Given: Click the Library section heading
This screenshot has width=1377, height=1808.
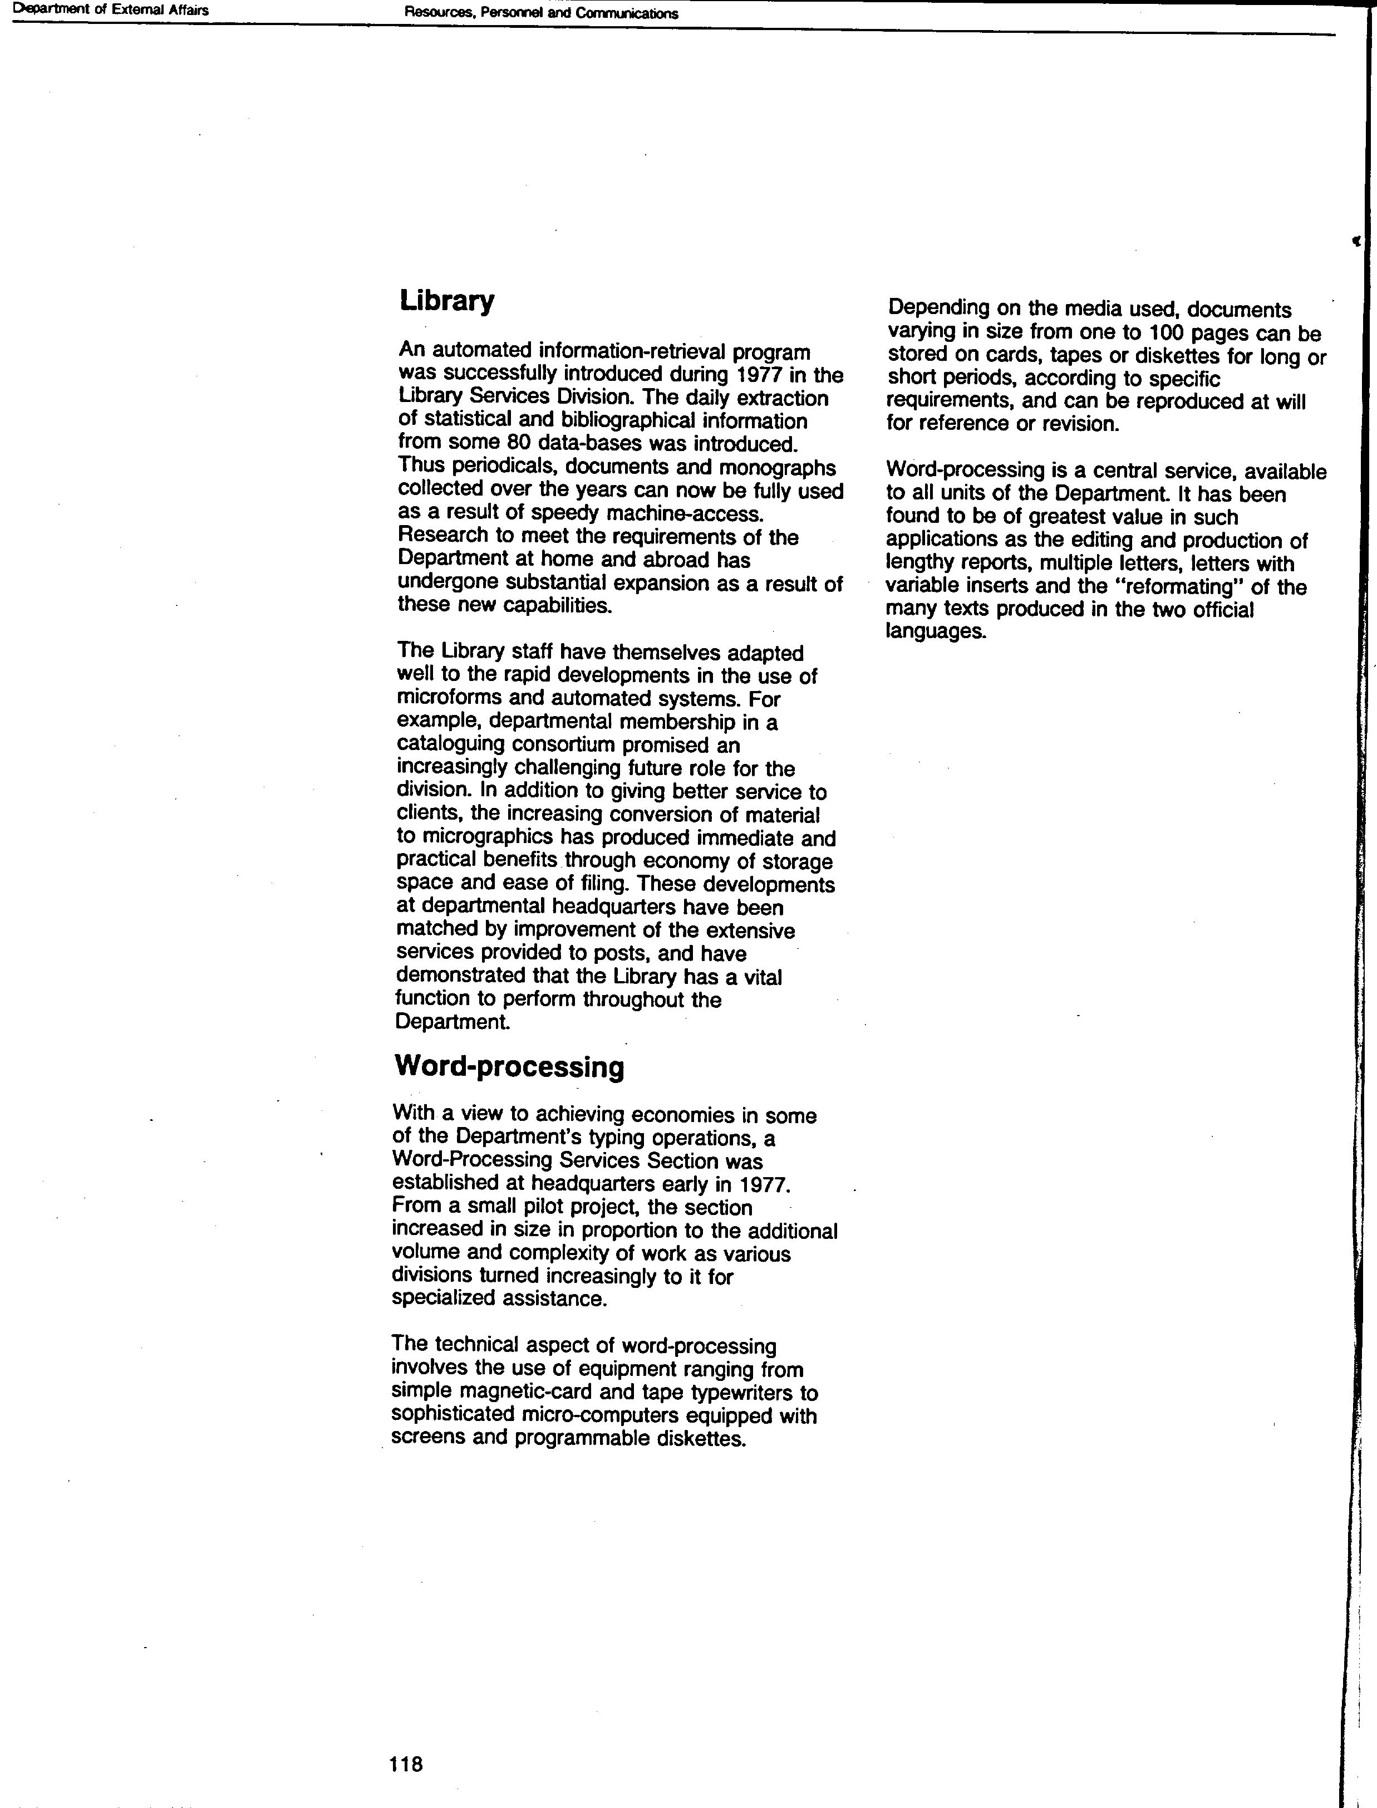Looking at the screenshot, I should click(447, 301).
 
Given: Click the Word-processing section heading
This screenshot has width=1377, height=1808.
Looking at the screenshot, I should click(509, 1067).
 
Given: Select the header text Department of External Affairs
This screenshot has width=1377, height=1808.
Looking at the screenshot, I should click(106, 11).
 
